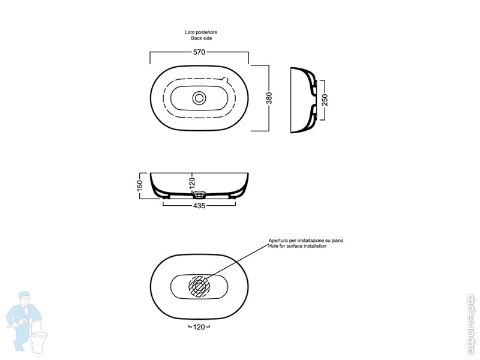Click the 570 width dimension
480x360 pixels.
tap(199, 52)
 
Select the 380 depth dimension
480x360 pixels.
tap(269, 97)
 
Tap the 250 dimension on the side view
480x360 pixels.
tap(325, 100)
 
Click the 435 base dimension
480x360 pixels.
tap(199, 206)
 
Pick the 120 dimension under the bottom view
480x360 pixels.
tap(199, 327)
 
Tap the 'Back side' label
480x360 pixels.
tap(197, 38)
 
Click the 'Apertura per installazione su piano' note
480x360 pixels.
tap(305, 241)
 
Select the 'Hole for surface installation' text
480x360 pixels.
tap(298, 247)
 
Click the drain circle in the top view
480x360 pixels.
tap(199, 97)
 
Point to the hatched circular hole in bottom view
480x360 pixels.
tap(199, 286)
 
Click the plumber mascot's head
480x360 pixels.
tap(25, 298)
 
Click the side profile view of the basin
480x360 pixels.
tap(302, 100)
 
